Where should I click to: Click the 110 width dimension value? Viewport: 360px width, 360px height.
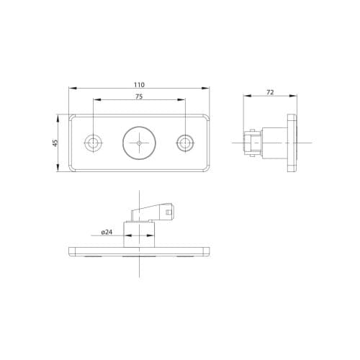pos(139,84)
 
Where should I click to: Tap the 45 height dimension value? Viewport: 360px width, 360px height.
pos(55,143)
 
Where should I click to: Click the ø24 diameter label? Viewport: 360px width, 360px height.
pos(107,233)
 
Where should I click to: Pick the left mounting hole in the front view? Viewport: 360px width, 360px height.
pos(93,143)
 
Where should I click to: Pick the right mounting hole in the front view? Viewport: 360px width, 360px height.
pos(186,143)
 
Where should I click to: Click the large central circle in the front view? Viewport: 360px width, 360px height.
pos(139,143)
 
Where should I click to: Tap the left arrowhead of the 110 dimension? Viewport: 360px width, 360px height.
pos(71,89)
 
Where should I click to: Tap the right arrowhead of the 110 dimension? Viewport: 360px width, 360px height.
pos(207,89)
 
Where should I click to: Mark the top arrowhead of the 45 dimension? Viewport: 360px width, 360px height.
pos(60,115)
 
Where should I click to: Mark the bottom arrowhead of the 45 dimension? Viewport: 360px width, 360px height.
pos(60,170)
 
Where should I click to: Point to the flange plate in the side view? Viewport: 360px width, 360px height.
pos(292,143)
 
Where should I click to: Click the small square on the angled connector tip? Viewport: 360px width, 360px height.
pos(168,212)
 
